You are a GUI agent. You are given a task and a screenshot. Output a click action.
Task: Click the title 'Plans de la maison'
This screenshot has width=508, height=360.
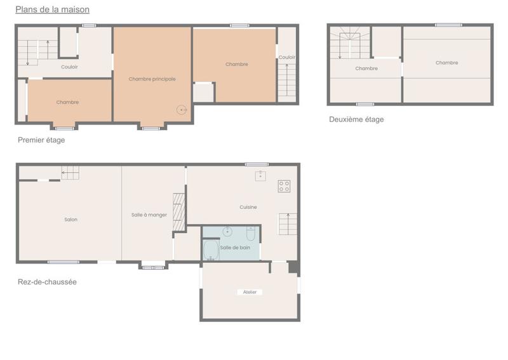[52, 10]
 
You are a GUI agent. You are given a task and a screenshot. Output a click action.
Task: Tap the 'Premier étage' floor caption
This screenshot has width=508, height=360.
[41, 140]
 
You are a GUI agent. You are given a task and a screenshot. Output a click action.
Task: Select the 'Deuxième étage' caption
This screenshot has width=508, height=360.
[356, 119]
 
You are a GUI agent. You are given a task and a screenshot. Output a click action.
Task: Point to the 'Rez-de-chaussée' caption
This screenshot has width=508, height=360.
[47, 282]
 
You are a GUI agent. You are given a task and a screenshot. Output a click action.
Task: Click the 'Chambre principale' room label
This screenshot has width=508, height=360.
[152, 79]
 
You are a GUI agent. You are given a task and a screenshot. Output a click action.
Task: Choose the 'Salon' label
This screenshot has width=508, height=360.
[70, 220]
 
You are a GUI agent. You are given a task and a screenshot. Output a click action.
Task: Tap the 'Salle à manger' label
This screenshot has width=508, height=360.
[149, 215]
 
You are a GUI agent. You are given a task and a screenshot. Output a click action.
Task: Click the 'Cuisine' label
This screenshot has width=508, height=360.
[248, 207]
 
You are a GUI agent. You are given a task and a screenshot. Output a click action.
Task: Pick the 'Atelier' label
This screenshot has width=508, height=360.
[250, 292]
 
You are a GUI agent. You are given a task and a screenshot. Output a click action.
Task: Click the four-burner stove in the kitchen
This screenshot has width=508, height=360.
[284, 186]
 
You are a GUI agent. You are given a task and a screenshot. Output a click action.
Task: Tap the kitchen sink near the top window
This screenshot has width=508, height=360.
[260, 176]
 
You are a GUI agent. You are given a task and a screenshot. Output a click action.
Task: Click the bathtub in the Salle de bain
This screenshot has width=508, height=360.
[211, 250]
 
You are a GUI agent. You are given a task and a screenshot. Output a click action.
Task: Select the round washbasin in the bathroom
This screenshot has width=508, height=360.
[227, 232]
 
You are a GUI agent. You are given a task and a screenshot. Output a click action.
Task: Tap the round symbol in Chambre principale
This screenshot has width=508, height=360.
[182, 110]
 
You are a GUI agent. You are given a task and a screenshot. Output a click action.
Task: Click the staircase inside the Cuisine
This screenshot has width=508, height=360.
[288, 223]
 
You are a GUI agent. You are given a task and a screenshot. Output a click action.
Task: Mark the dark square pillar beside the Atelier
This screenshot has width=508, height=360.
[293, 267]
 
